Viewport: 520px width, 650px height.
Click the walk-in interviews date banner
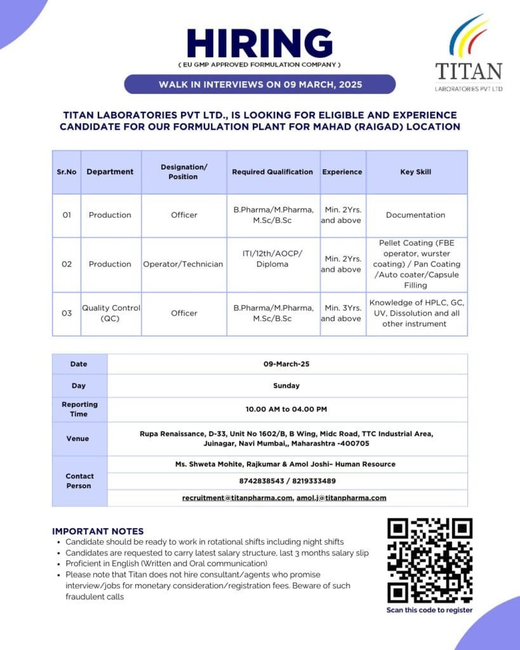coord(260,84)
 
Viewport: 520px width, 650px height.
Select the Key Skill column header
coord(416,172)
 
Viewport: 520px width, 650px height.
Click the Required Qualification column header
coord(272,172)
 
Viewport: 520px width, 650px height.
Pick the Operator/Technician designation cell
coord(183,264)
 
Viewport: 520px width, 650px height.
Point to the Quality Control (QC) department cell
coord(110,313)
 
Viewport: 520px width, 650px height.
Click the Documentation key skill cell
coord(416,215)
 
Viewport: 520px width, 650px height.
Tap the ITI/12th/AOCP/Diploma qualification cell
coord(272,259)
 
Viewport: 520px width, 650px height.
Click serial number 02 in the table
coord(67,264)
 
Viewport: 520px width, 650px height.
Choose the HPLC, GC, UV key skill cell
coord(416,313)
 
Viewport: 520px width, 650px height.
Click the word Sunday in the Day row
coord(286,385)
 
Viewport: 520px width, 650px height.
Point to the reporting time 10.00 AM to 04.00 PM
coord(286,409)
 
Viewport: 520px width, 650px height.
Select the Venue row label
coord(78,439)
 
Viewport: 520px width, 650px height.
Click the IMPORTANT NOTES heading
coord(98,531)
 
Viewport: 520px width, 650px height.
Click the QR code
coord(430,560)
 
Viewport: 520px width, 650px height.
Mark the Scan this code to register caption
coord(430,611)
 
